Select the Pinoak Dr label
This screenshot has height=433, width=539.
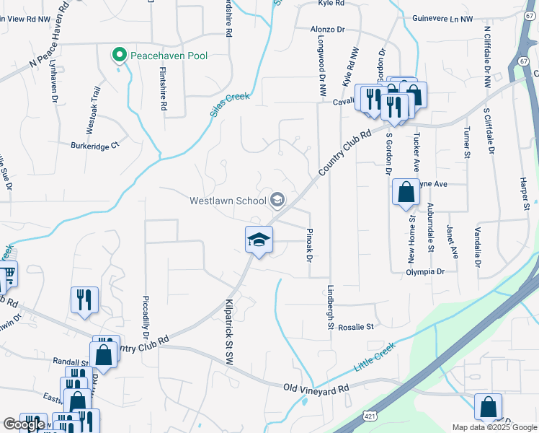coord(308,245)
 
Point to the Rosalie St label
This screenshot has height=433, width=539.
coord(356,326)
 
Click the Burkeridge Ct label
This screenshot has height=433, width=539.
coord(94,146)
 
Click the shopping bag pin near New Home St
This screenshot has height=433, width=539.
coord(406,193)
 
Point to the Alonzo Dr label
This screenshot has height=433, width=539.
coord(329,29)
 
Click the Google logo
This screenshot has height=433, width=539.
coord(24,424)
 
